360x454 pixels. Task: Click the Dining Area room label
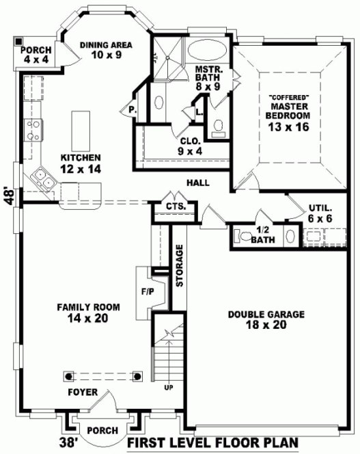(105, 50)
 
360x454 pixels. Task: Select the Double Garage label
(256, 319)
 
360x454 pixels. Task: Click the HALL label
(197, 183)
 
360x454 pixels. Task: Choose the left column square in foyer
(68, 375)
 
